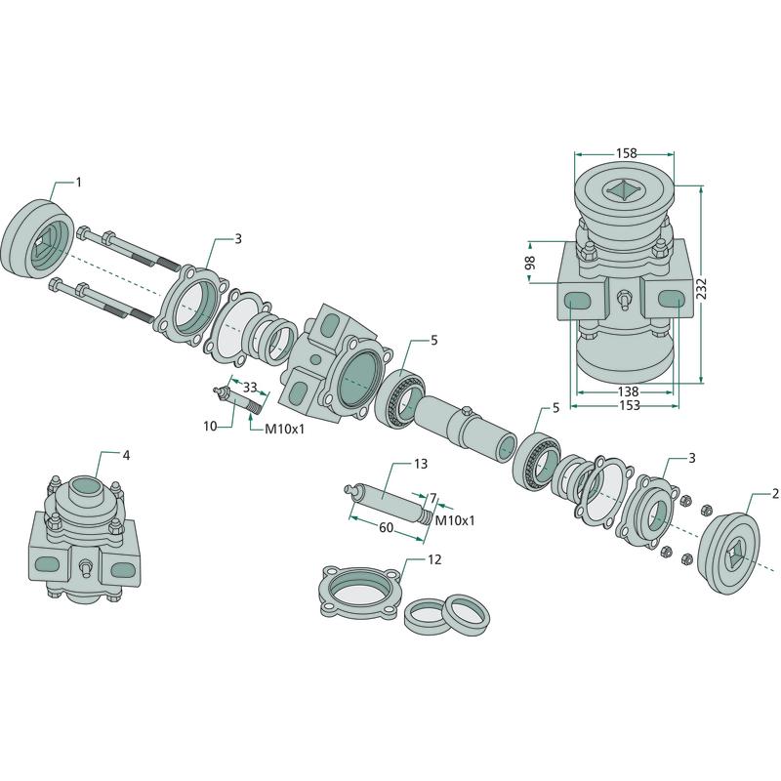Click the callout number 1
(x=79, y=183)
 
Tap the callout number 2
(x=775, y=494)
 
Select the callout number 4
(x=126, y=456)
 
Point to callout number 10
(x=210, y=426)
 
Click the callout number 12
(x=434, y=560)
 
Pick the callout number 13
(x=422, y=463)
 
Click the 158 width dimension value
(x=625, y=153)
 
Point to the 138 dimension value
(x=625, y=390)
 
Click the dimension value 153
(x=625, y=405)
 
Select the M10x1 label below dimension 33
(x=286, y=428)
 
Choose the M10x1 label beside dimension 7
(x=455, y=521)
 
